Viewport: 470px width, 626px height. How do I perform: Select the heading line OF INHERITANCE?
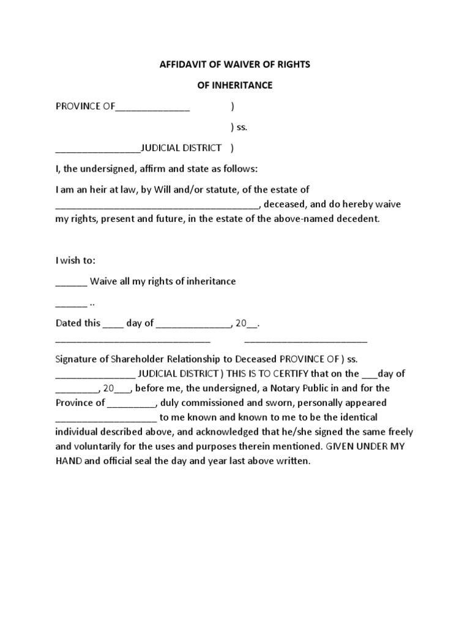(234, 86)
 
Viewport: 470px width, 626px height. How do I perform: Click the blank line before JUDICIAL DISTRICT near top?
(98, 149)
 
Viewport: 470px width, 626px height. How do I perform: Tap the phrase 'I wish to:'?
(75, 260)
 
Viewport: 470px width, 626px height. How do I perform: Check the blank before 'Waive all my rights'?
(71, 282)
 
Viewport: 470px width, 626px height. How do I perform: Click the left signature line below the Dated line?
(133, 340)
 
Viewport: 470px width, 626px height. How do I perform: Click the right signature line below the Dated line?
(305, 340)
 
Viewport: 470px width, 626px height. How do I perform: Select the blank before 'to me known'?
(106, 418)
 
